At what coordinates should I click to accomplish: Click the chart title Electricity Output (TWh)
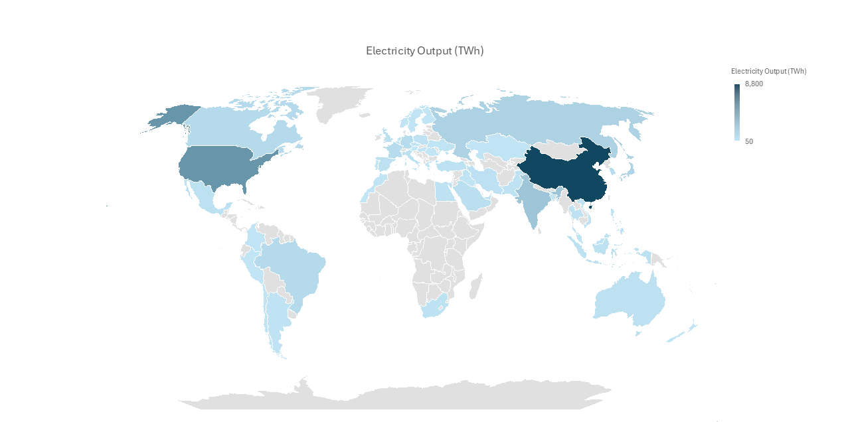click(424, 51)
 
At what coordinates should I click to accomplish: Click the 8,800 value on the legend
click(754, 84)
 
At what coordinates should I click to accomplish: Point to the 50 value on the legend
click(749, 141)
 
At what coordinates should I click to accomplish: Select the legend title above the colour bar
click(768, 71)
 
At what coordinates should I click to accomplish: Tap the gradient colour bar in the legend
click(737, 112)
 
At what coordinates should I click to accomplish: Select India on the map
click(531, 199)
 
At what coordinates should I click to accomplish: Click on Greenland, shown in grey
click(339, 103)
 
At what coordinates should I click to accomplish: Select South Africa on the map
click(435, 308)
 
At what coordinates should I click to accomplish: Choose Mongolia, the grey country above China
click(556, 149)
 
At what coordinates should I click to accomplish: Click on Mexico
click(206, 196)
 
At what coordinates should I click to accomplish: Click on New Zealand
click(684, 332)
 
